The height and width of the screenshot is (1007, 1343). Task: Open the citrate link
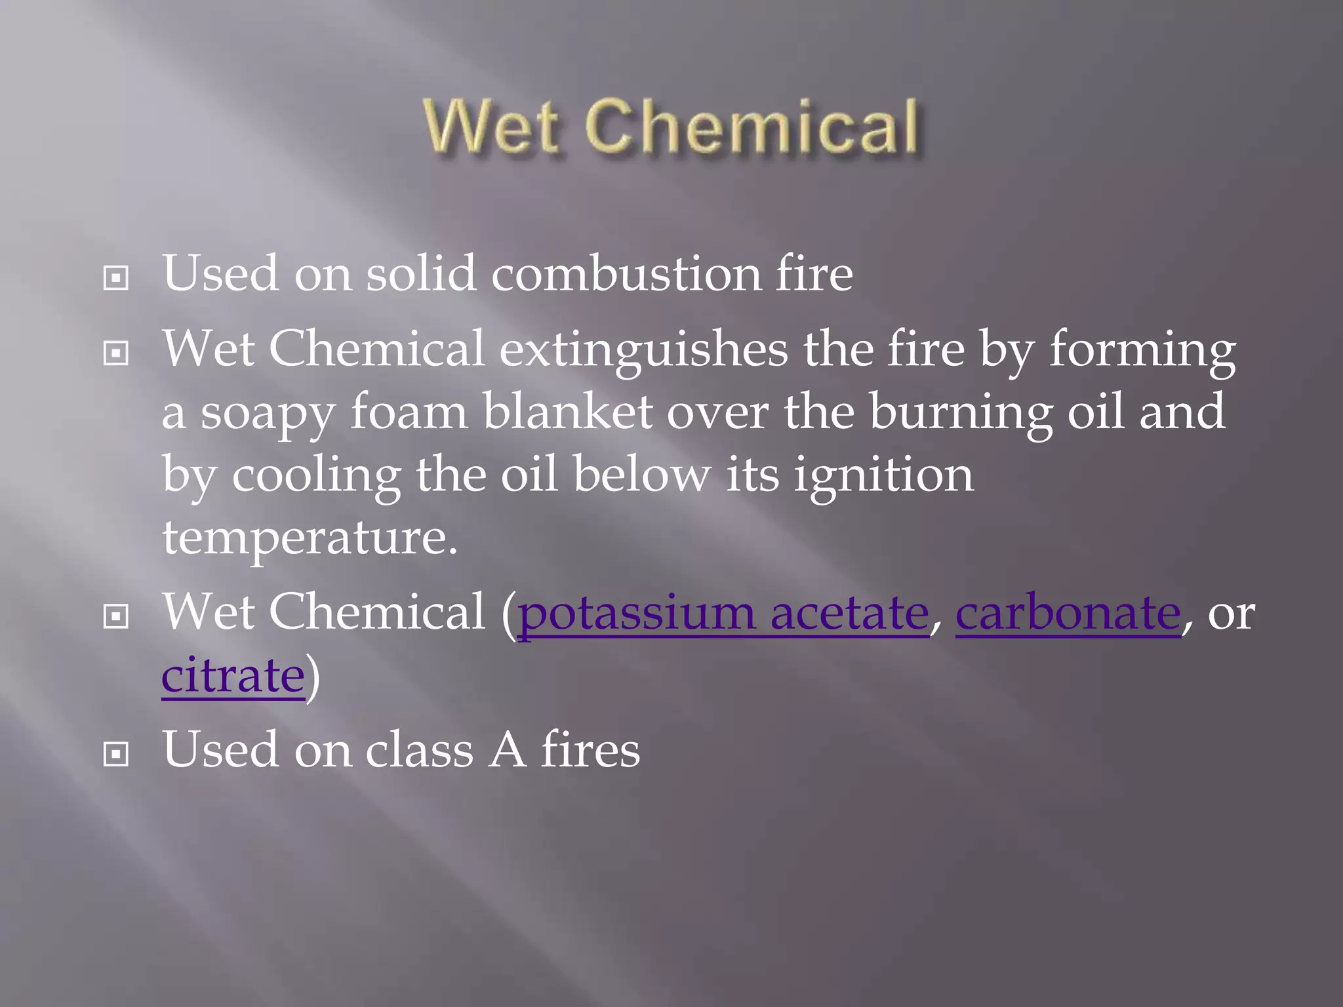click(x=233, y=675)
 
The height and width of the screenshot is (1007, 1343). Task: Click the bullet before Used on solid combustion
click(x=116, y=279)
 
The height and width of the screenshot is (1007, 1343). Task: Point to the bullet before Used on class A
click(x=116, y=755)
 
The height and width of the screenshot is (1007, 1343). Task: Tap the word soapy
click(x=267, y=413)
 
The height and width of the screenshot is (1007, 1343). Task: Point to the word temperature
click(x=309, y=538)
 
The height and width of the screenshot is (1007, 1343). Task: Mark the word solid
click(x=420, y=273)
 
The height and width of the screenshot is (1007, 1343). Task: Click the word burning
click(x=961, y=413)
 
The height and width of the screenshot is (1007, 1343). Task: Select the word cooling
click(x=316, y=475)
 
